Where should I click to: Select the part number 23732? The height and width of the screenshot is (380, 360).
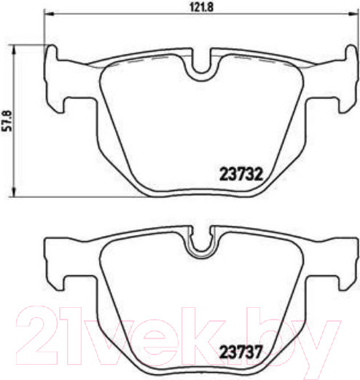pos(240,174)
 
